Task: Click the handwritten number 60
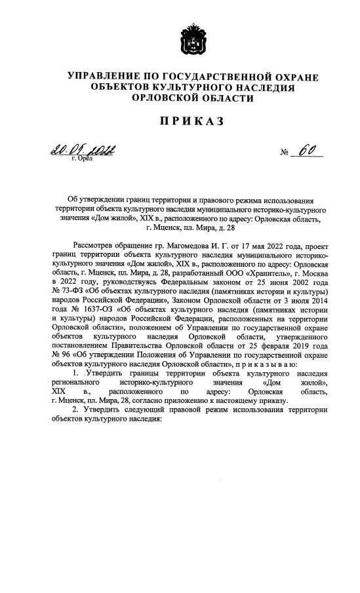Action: (305, 151)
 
